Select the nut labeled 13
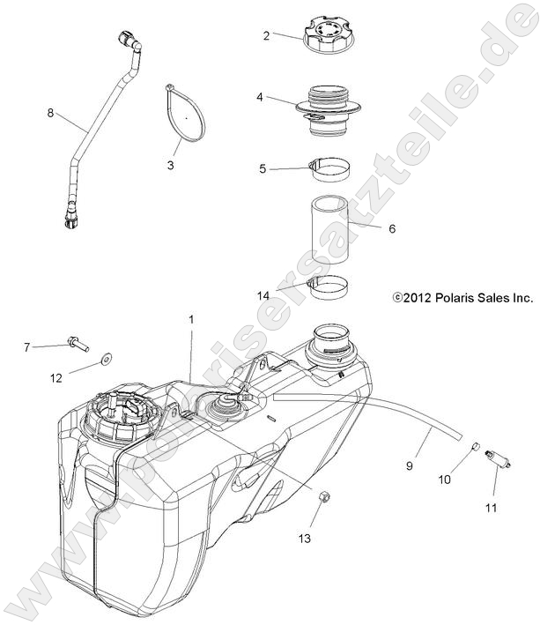[x=322, y=502]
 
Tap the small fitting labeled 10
[x=474, y=446]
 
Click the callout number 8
[x=50, y=112]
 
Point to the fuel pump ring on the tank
[x=120, y=420]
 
